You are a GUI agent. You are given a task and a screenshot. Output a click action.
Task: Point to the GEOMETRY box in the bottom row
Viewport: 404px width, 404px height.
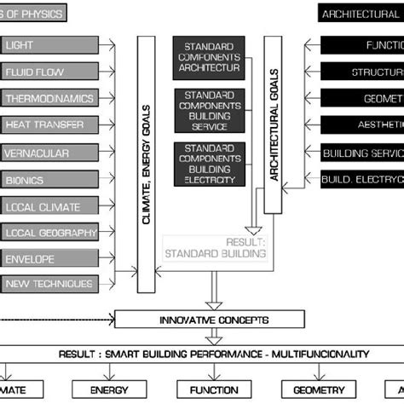(307, 390)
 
